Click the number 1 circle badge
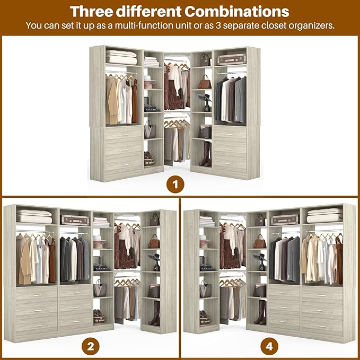[175, 186]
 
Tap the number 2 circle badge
[90, 347]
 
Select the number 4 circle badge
[270, 347]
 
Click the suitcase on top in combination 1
[231, 59]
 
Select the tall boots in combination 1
[206, 154]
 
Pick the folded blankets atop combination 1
[121, 57]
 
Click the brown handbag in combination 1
[205, 83]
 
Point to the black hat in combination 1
[205, 99]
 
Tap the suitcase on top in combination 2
[74, 220]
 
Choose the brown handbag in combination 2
[153, 242]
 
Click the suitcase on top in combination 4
[285, 219]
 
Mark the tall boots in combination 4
[260, 312]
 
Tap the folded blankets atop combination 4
[324, 216]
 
